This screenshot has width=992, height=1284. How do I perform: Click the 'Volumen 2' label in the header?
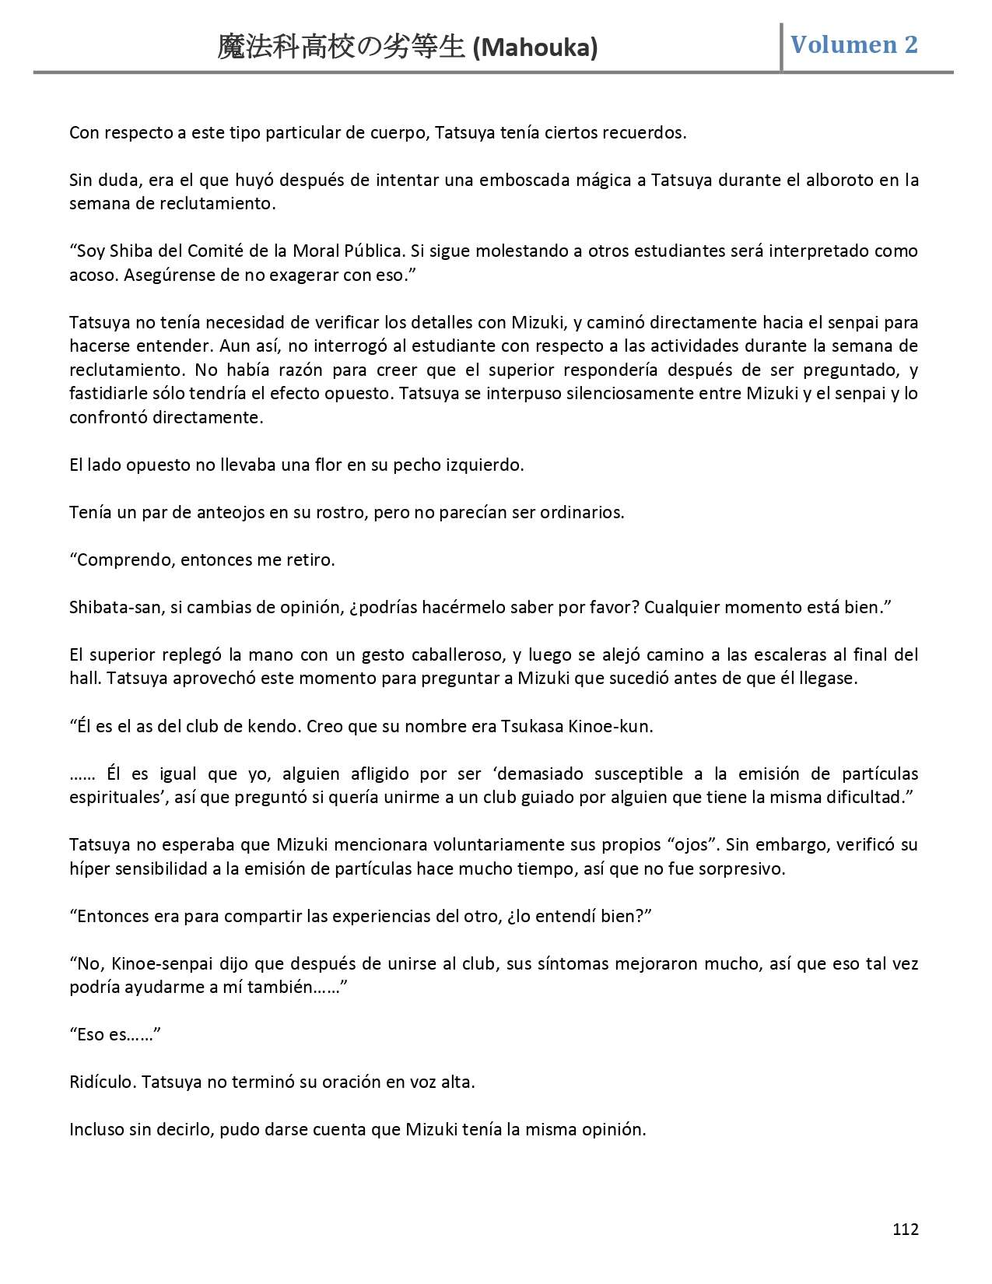pos(854,44)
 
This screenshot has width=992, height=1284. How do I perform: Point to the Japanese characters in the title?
pos(342,48)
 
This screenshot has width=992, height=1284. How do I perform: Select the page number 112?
pos(906,1229)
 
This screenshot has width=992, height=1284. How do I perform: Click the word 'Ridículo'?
pos(101,1082)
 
